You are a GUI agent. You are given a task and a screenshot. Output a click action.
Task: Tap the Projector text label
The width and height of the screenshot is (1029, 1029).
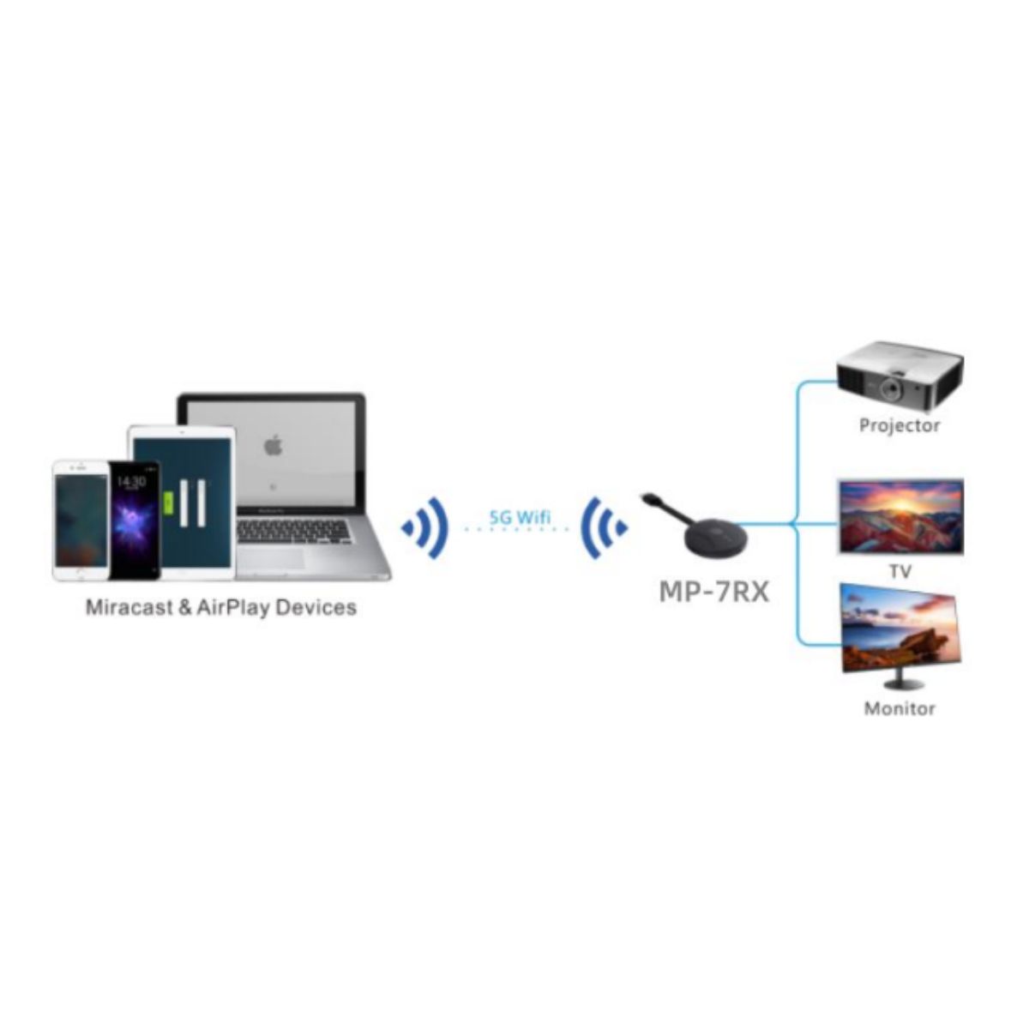(900, 425)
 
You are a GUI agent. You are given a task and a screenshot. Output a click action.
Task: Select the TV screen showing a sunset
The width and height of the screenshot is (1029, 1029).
(900, 517)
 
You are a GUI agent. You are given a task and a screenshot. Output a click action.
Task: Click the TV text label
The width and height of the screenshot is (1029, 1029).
(900, 571)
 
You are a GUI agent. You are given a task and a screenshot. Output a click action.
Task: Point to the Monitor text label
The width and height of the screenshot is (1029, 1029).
(900, 708)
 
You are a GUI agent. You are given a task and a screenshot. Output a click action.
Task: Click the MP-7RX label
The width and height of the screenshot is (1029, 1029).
(713, 592)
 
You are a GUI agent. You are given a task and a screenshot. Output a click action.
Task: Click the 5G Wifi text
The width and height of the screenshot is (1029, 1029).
(520, 517)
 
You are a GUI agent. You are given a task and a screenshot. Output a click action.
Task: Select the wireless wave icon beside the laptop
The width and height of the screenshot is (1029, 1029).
(426, 527)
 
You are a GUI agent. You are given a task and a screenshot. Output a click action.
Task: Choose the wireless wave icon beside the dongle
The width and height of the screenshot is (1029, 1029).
(604, 527)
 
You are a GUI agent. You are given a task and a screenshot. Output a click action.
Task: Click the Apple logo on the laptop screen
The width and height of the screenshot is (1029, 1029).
(272, 445)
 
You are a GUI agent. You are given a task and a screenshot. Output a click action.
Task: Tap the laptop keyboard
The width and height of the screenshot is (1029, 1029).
(293, 532)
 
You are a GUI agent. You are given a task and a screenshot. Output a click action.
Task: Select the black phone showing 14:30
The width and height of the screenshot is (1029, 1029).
(134, 519)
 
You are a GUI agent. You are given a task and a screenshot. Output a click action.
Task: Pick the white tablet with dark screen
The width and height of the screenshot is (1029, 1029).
(183, 502)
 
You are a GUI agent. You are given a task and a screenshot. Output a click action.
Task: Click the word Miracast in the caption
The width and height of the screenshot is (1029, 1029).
(128, 608)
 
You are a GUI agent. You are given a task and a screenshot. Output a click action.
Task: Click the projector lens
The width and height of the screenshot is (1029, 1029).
(893, 390)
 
